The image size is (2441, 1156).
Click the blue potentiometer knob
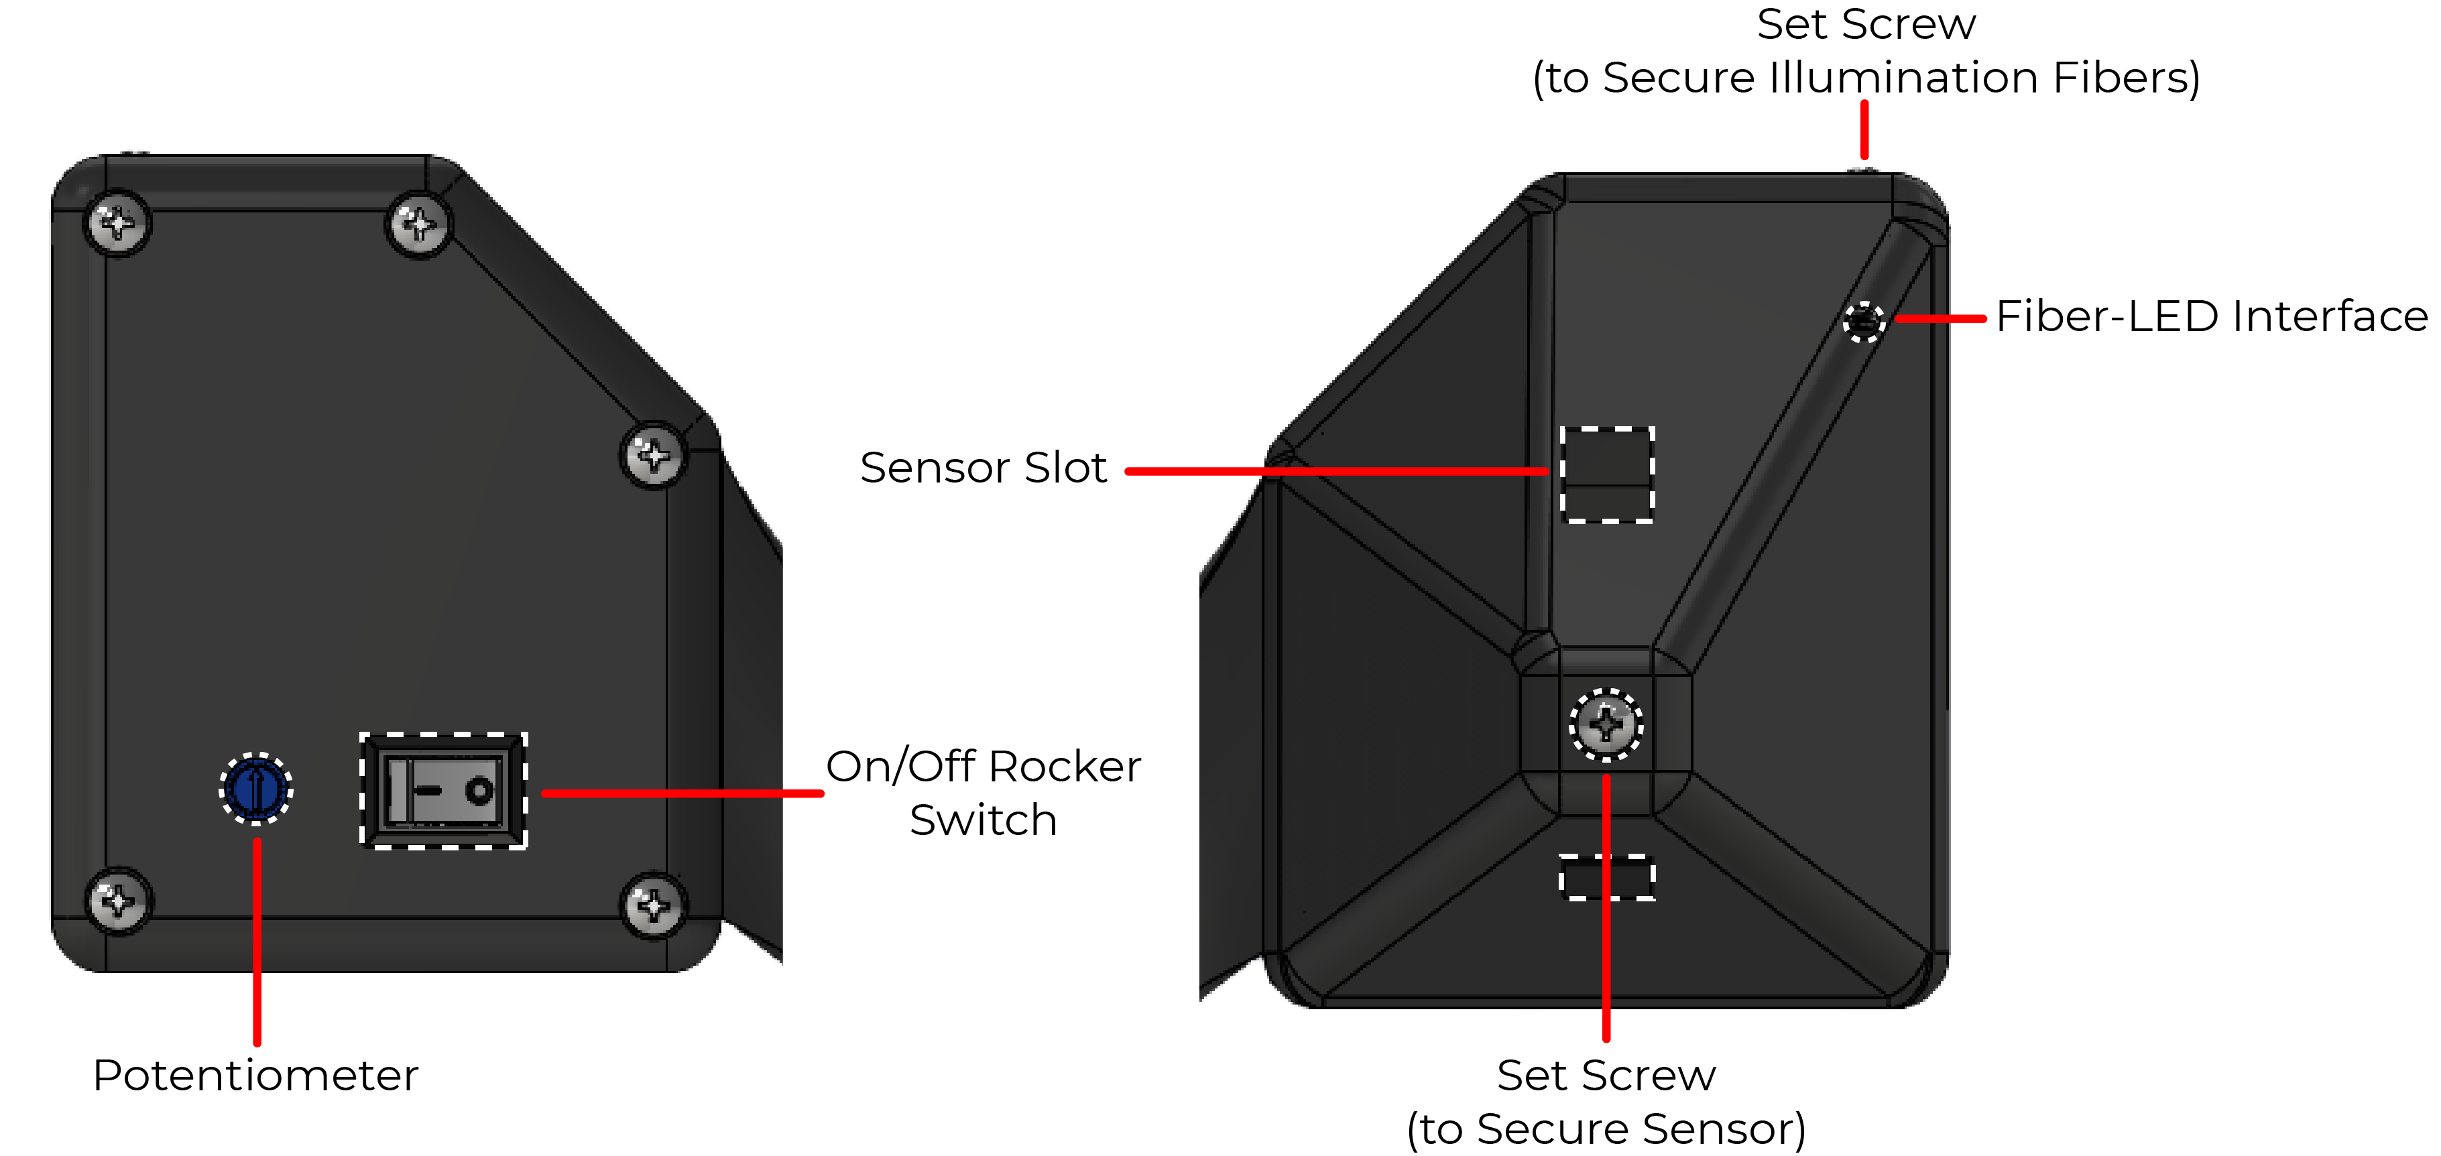(256, 788)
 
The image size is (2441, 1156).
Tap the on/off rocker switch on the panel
(443, 790)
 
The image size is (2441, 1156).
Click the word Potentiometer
(256, 1076)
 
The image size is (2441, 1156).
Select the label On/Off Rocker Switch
(984, 793)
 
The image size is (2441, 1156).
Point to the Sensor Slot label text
(984, 467)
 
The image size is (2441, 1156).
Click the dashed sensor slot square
(1607, 474)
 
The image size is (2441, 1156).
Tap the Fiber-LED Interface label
(2212, 316)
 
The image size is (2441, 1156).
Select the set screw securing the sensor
(1606, 726)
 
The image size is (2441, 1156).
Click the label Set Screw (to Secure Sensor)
(1606, 1102)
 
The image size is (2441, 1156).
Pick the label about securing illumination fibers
(1866, 50)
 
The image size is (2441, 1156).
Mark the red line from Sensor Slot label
(1337, 471)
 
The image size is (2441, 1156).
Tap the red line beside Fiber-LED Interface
(1940, 319)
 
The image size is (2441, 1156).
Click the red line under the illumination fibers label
(1864, 130)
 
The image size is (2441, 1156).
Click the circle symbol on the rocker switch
(479, 790)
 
